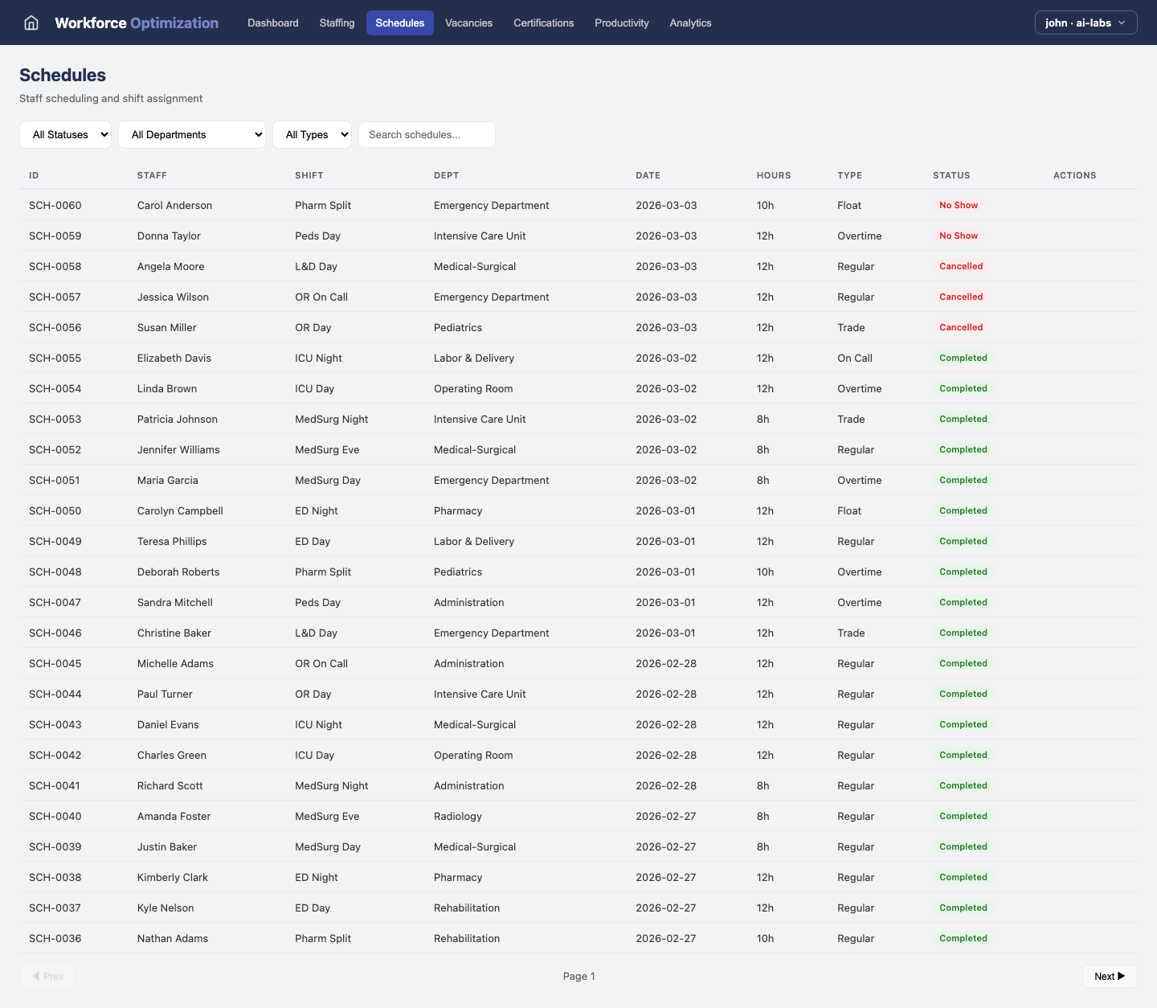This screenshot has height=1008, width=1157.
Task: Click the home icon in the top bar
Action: (31, 23)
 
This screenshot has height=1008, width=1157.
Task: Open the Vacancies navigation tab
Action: (468, 23)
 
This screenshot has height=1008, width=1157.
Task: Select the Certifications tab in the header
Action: (543, 23)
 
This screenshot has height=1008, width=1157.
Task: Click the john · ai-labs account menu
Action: (1085, 23)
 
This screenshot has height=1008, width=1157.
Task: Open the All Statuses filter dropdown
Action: (66, 134)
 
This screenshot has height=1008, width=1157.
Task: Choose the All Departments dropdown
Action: (192, 134)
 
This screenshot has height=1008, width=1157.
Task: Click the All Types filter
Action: (312, 134)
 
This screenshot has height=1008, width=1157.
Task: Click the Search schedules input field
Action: (427, 134)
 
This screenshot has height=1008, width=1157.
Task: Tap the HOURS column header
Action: (773, 175)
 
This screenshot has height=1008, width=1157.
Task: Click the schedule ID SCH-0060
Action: (55, 205)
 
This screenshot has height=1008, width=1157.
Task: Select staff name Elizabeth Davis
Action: (174, 358)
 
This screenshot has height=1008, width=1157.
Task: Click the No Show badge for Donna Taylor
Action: (959, 236)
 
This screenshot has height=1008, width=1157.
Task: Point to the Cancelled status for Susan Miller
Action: (961, 327)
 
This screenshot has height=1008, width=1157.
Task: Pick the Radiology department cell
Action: (458, 816)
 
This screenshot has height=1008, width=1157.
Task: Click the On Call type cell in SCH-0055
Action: (855, 358)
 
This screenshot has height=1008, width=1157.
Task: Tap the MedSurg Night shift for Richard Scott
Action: (331, 785)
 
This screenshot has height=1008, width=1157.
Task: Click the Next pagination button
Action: (1110, 976)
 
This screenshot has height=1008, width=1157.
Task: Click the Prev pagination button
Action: (47, 976)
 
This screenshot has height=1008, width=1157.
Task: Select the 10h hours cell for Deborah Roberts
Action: (765, 572)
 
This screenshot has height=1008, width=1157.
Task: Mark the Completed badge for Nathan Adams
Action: (963, 938)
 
